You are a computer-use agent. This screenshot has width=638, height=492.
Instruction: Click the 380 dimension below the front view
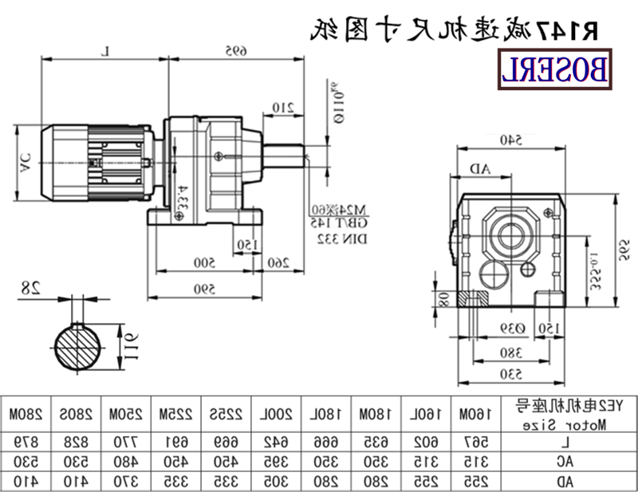coord(510,352)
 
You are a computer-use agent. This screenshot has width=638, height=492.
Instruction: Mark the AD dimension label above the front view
coord(480,168)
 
